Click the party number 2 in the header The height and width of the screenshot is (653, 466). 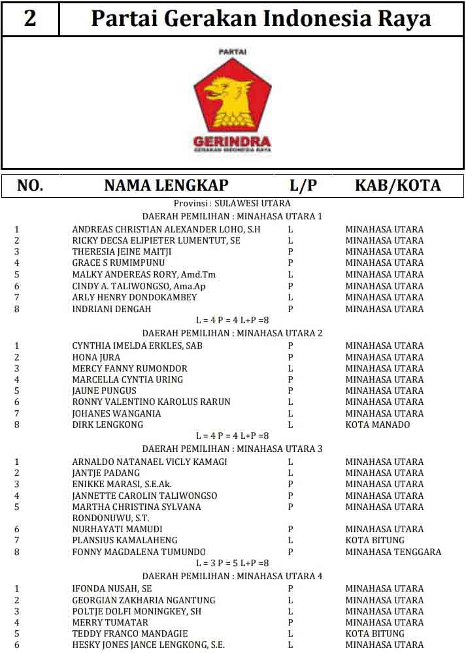click(x=30, y=18)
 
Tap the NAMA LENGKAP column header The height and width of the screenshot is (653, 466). click(x=166, y=185)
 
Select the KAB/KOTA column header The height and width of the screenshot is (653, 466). click(x=397, y=185)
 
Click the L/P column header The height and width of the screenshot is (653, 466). click(x=303, y=185)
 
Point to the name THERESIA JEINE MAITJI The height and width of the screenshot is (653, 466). click(x=122, y=251)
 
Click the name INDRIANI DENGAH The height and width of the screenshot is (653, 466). click(x=112, y=309)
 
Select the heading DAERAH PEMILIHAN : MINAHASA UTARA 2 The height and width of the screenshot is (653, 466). click(x=233, y=333)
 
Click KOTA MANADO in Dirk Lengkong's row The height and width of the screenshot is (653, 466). click(x=378, y=424)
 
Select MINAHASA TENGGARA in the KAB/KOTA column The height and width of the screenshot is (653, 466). click(x=393, y=552)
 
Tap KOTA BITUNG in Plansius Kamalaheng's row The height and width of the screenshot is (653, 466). click(x=375, y=540)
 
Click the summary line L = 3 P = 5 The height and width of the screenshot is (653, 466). click(x=233, y=563)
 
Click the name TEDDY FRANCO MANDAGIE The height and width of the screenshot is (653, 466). click(x=130, y=633)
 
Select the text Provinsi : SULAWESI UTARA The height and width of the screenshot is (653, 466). click(x=232, y=204)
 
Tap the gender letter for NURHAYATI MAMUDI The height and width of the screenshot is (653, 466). click(x=290, y=529)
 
